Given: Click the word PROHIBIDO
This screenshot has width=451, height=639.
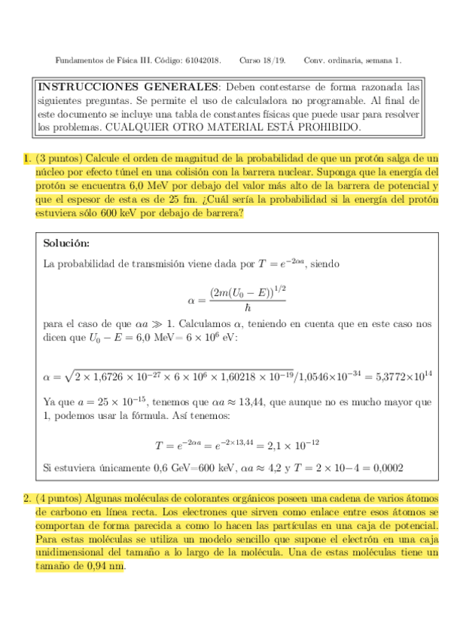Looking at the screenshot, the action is (328, 128).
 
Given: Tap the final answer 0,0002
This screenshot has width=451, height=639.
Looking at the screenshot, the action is (388, 468).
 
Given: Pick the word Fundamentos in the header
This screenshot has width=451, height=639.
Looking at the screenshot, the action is (78, 60).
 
